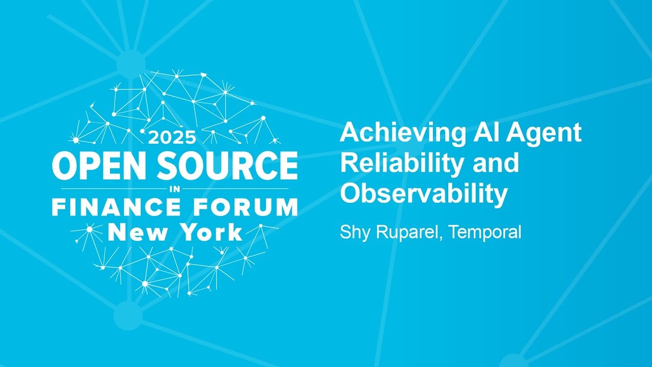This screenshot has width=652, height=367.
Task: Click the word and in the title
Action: coord(496,163)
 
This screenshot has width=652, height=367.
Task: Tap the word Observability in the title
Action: coord(424,194)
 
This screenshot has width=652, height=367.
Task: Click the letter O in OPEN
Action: coord(66,165)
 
